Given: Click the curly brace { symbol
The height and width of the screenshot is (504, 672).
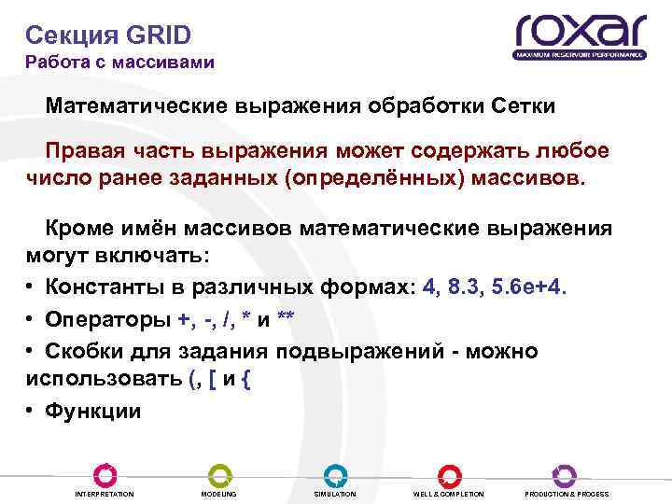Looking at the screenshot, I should point(246,379).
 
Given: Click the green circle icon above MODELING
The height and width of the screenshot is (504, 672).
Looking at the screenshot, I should point(219,475).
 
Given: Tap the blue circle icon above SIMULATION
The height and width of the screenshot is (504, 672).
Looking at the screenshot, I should point(335,475).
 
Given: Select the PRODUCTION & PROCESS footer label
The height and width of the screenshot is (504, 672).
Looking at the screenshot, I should point(567,494).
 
